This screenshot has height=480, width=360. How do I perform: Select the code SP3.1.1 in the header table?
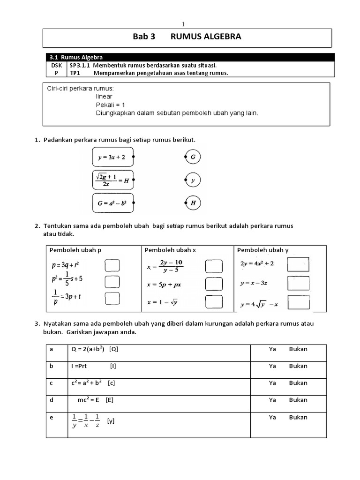(80, 65)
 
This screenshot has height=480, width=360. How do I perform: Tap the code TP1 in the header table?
(75, 73)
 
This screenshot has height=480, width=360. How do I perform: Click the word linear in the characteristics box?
(104, 97)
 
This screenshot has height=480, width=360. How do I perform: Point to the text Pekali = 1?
(111, 105)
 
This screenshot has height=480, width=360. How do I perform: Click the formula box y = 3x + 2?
(113, 157)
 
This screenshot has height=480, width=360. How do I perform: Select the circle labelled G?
(193, 157)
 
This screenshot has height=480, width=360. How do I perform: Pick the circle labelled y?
(193, 180)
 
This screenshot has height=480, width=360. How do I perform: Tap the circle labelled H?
(193, 203)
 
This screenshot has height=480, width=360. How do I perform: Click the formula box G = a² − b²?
(113, 203)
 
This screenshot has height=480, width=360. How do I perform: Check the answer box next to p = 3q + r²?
(112, 266)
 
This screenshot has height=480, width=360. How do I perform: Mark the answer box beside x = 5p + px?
(213, 284)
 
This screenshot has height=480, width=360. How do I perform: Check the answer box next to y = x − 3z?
(298, 283)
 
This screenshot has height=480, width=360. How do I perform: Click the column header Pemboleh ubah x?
(170, 250)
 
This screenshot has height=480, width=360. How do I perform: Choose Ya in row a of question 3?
(272, 349)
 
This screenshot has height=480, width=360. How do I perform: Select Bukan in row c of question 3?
(298, 383)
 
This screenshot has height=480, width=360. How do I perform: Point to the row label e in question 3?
(52, 417)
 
